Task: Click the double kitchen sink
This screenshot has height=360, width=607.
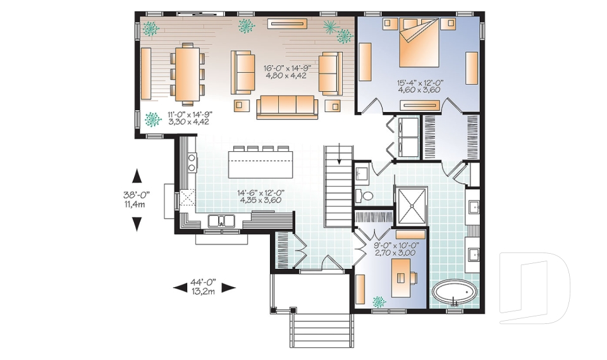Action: click(x=221, y=221)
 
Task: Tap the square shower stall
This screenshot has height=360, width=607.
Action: click(x=410, y=205)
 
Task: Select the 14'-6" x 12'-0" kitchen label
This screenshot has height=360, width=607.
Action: click(x=261, y=196)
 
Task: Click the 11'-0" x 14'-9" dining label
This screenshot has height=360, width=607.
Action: click(x=189, y=118)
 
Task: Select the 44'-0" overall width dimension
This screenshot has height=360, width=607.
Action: click(x=204, y=287)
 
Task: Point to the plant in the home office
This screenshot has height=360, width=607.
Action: click(x=380, y=301)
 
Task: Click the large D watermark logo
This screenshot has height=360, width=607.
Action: click(x=534, y=288)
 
